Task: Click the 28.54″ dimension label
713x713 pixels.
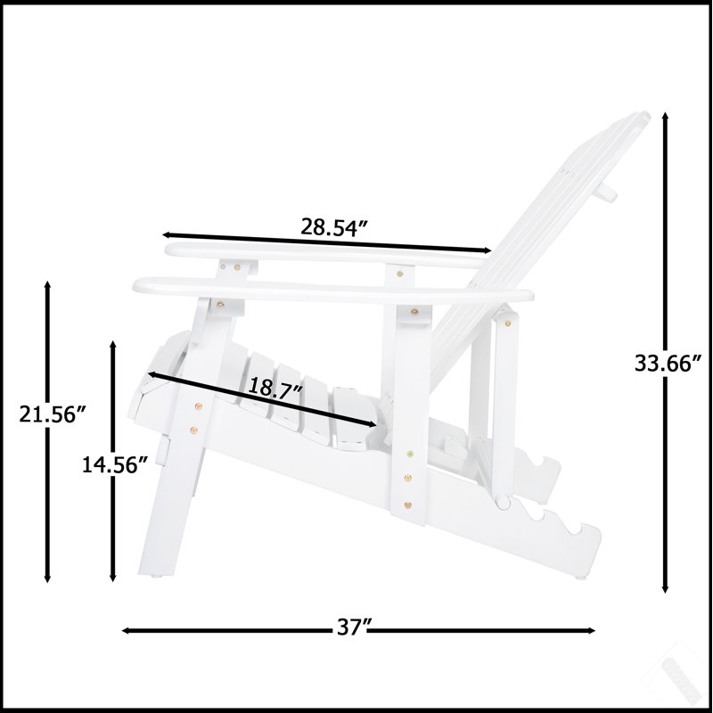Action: [x=334, y=227]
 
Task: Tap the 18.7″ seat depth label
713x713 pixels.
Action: [x=275, y=388]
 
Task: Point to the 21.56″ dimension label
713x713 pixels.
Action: [x=53, y=414]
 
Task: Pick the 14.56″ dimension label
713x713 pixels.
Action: [x=115, y=464]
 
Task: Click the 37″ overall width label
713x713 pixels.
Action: [x=351, y=628]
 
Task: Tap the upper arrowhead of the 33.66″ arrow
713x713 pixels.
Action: [x=665, y=116]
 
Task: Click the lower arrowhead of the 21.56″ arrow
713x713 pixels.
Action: [x=47, y=578]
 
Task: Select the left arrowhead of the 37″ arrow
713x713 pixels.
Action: [x=126, y=631]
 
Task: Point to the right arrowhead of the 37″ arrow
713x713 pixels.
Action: [x=591, y=631]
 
